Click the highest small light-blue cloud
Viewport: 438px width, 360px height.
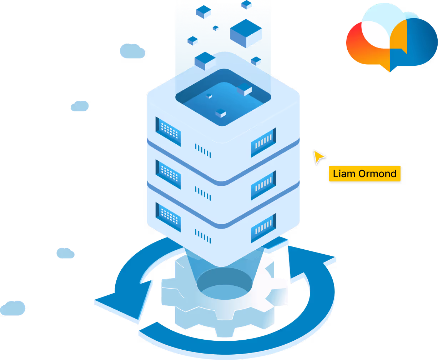coord(132,51)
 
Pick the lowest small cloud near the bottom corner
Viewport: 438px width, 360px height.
coord(13,308)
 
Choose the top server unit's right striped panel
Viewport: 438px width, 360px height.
coord(263,142)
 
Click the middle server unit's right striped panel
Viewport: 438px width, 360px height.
coord(263,185)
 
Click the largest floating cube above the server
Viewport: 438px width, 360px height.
coord(246,37)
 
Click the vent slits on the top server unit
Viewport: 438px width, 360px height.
coord(203,150)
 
